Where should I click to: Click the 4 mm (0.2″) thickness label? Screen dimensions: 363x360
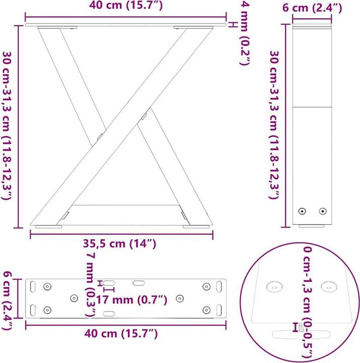(245, 33)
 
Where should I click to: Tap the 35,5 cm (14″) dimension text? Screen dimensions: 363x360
(121, 244)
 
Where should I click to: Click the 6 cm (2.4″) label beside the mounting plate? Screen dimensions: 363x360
(8, 299)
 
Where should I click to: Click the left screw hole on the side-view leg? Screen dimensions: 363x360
(302, 211)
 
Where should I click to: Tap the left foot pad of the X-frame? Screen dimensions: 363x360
(48, 227)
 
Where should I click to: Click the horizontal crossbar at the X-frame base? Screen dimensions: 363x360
(126, 205)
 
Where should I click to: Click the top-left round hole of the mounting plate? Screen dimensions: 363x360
(48, 286)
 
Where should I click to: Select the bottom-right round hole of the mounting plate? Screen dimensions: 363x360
(206, 310)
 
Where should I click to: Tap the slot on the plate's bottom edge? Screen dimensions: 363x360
(109, 314)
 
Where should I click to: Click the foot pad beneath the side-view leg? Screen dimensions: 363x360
(312, 226)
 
